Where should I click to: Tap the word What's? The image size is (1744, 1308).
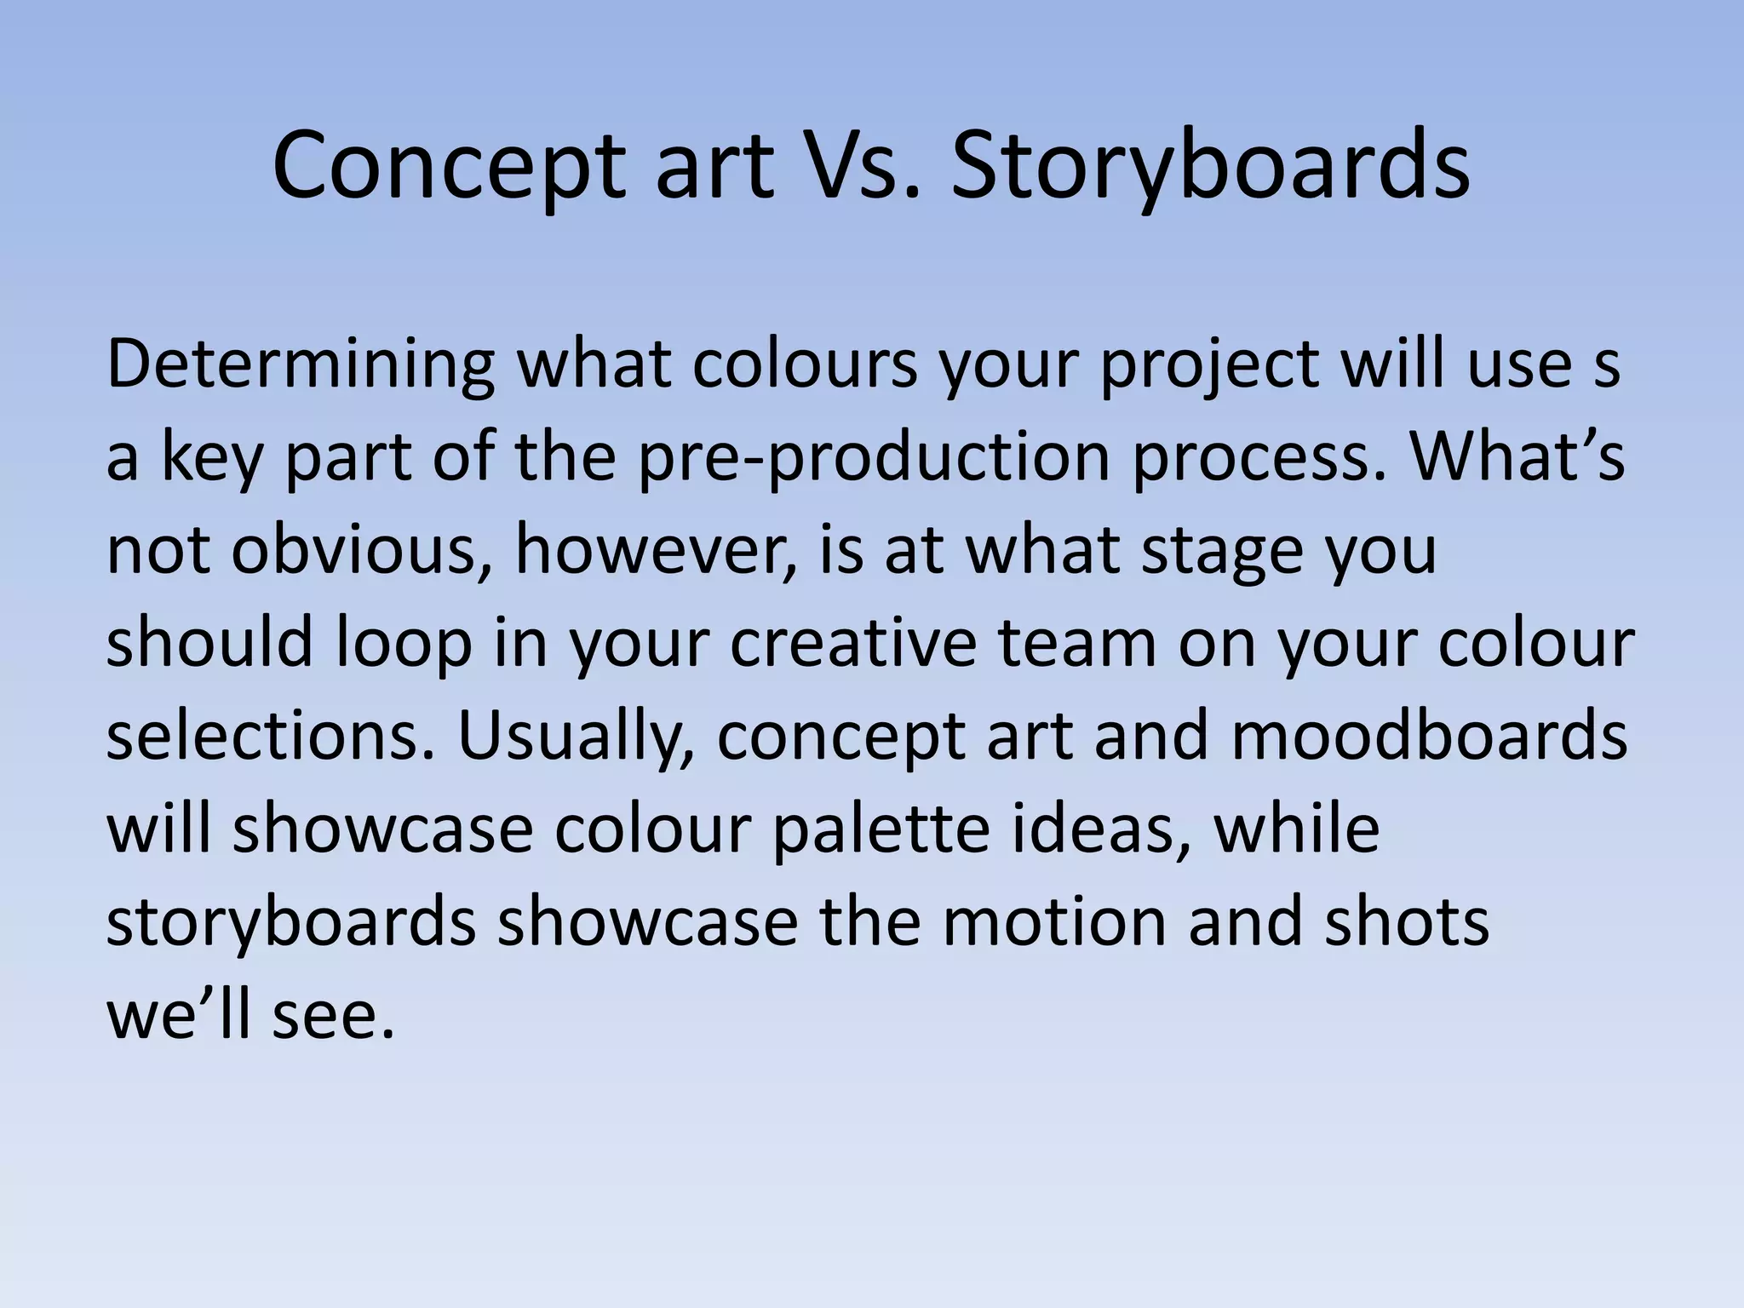[x=1517, y=458]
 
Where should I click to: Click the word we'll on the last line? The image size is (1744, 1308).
[x=179, y=1015]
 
